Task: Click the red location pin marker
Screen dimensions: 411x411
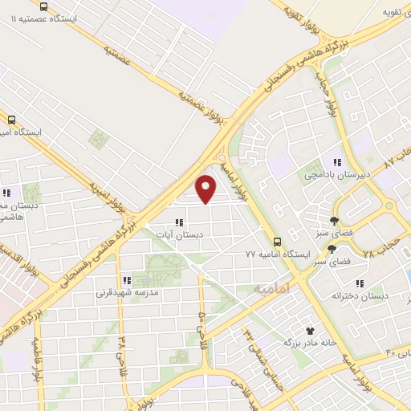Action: click(206, 188)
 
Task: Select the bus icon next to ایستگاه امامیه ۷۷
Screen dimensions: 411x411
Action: click(277, 241)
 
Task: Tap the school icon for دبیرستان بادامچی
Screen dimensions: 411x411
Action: click(339, 161)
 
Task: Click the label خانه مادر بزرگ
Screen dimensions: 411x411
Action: click(307, 343)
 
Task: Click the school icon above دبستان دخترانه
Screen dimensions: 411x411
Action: click(360, 283)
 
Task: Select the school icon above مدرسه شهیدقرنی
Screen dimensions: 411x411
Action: click(127, 280)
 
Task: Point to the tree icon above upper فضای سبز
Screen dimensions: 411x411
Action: click(335, 221)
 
